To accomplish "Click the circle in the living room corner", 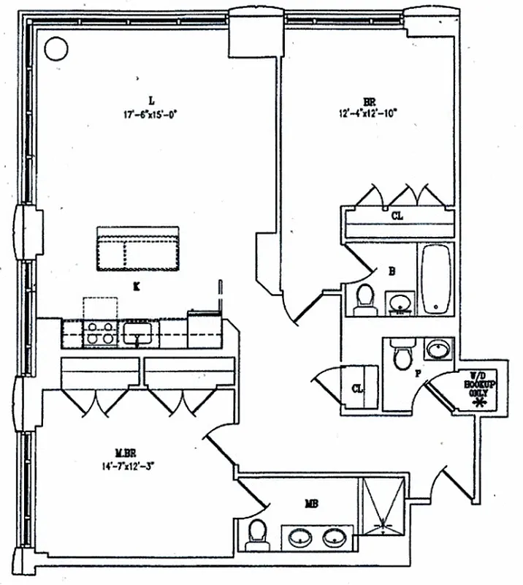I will click(x=55, y=49).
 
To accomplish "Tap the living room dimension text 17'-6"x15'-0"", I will click(x=151, y=114).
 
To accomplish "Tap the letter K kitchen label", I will click(x=137, y=287).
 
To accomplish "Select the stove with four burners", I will click(x=100, y=333).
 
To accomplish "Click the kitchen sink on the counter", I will click(x=137, y=334).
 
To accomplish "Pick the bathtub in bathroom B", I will click(x=435, y=279).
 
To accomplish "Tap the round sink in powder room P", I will click(x=437, y=349).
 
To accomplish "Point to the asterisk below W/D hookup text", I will click(x=480, y=401).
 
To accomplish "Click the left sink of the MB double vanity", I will click(x=300, y=539).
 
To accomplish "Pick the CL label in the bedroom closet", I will click(x=397, y=216).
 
